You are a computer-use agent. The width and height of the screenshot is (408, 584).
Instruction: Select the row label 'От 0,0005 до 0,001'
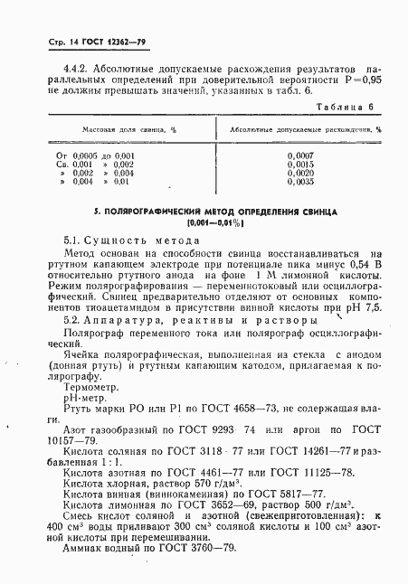[x=96, y=156]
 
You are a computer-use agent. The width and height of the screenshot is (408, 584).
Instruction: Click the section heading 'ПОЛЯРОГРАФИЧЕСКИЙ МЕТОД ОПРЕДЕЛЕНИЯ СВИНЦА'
[x=215, y=210]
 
